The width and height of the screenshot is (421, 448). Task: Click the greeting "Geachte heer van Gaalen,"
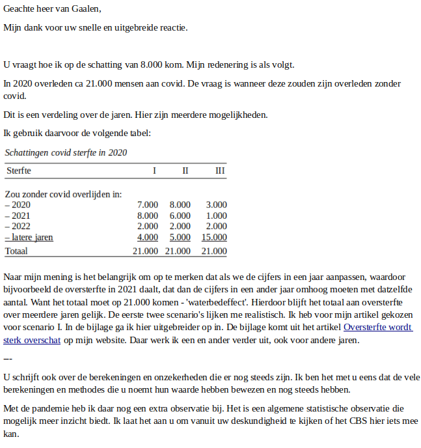52,8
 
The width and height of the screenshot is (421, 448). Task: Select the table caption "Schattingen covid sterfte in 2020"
66,152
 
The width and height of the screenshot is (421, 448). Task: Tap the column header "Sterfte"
18,171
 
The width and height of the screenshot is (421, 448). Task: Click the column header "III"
220,171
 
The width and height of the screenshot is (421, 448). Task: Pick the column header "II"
185,171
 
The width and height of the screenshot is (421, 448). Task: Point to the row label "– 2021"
18,216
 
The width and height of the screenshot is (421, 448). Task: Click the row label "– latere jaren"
29,238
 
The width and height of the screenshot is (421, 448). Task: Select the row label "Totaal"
17,251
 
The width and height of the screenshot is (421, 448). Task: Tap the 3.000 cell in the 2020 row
216,204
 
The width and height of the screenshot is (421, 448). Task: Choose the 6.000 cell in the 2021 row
180,216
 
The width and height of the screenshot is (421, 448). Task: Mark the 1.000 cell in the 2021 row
216,216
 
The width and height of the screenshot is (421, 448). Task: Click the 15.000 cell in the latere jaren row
214,238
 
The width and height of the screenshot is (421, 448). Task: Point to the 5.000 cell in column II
180,238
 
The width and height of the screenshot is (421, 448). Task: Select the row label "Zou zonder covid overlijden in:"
63,193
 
